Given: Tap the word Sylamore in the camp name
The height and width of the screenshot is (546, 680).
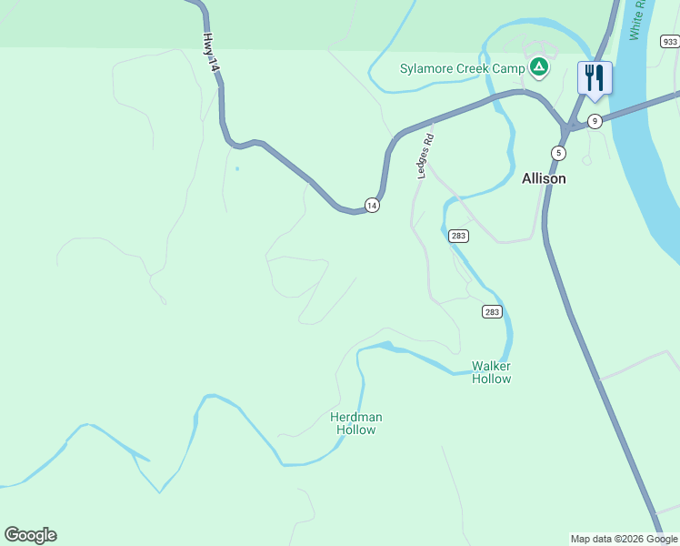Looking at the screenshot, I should coord(429,68).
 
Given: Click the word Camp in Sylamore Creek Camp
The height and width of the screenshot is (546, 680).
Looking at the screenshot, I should coord(510,68).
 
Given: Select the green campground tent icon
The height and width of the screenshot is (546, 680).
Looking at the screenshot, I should coord(539,66).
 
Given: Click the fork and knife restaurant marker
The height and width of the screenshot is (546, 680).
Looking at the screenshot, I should coord(595,77).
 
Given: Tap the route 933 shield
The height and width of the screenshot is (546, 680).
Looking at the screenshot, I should coord(670,42).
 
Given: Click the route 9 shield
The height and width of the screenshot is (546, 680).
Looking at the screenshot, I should coord(595,121).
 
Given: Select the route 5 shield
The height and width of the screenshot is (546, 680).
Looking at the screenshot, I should coord(558,152).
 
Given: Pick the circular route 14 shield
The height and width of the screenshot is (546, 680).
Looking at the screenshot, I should coord(371,206).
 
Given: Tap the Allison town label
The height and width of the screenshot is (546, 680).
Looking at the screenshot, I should coord(544,178).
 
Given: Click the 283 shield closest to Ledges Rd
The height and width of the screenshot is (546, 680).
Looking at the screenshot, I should coord(459,236).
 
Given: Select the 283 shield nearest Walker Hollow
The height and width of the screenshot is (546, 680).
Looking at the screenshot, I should coord(491,312).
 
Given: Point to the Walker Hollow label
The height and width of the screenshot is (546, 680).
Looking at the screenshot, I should coord(491,372).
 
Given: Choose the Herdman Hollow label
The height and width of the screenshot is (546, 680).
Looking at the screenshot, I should coord(355,423).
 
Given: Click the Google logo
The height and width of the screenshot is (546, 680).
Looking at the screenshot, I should coord(30,535).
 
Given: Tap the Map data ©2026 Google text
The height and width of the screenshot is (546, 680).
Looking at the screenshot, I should coord(624,539).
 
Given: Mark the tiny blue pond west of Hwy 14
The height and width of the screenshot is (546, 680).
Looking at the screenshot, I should coord(237,168).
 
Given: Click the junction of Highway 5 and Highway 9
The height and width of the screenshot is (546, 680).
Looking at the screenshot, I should coord(569,125).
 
